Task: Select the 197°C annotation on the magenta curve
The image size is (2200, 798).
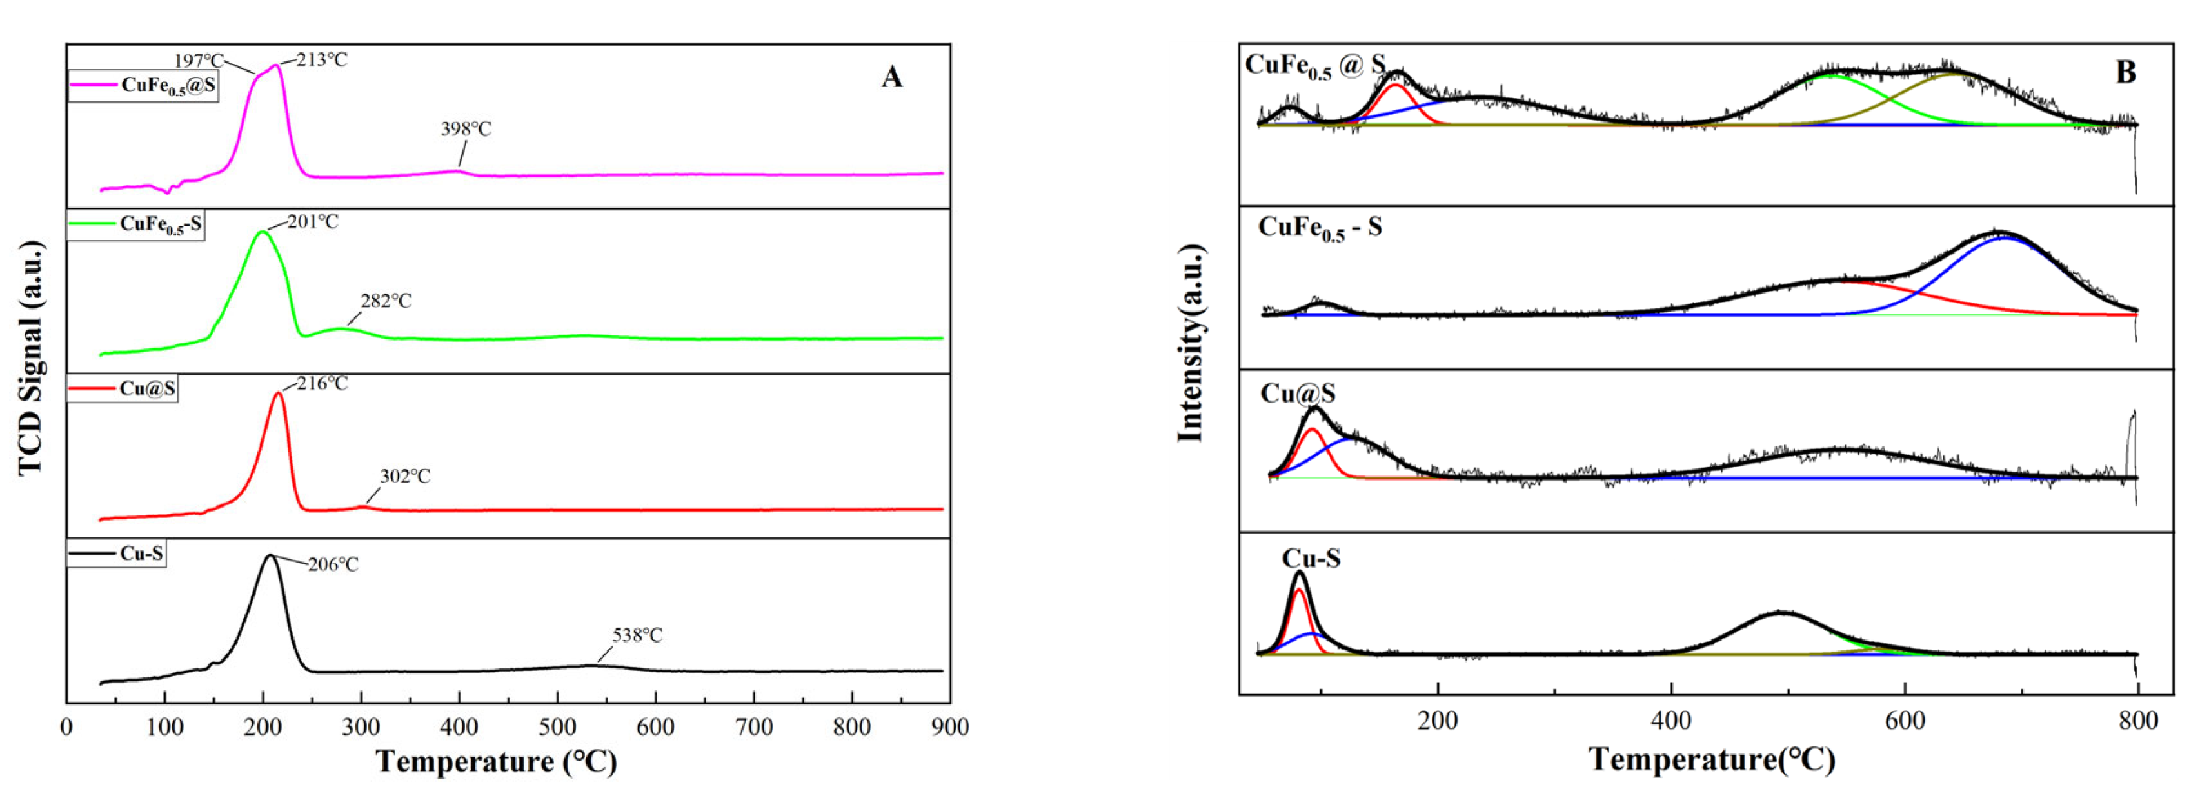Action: click(x=199, y=61)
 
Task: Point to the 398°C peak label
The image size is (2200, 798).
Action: click(x=466, y=129)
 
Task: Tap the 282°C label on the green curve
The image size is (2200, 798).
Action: click(x=386, y=302)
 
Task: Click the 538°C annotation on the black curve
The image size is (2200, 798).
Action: click(x=637, y=635)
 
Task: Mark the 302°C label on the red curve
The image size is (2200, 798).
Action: click(x=406, y=476)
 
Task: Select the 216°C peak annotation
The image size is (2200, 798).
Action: click(x=323, y=384)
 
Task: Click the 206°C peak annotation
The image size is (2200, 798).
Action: click(x=333, y=564)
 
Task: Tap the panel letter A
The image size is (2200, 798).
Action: click(x=891, y=78)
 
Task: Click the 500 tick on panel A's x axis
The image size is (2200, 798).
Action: click(x=558, y=727)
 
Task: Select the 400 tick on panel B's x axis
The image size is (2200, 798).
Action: click(x=1671, y=720)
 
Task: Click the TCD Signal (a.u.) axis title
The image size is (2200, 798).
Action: click(x=31, y=358)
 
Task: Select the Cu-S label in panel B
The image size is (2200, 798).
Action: click(x=1311, y=559)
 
